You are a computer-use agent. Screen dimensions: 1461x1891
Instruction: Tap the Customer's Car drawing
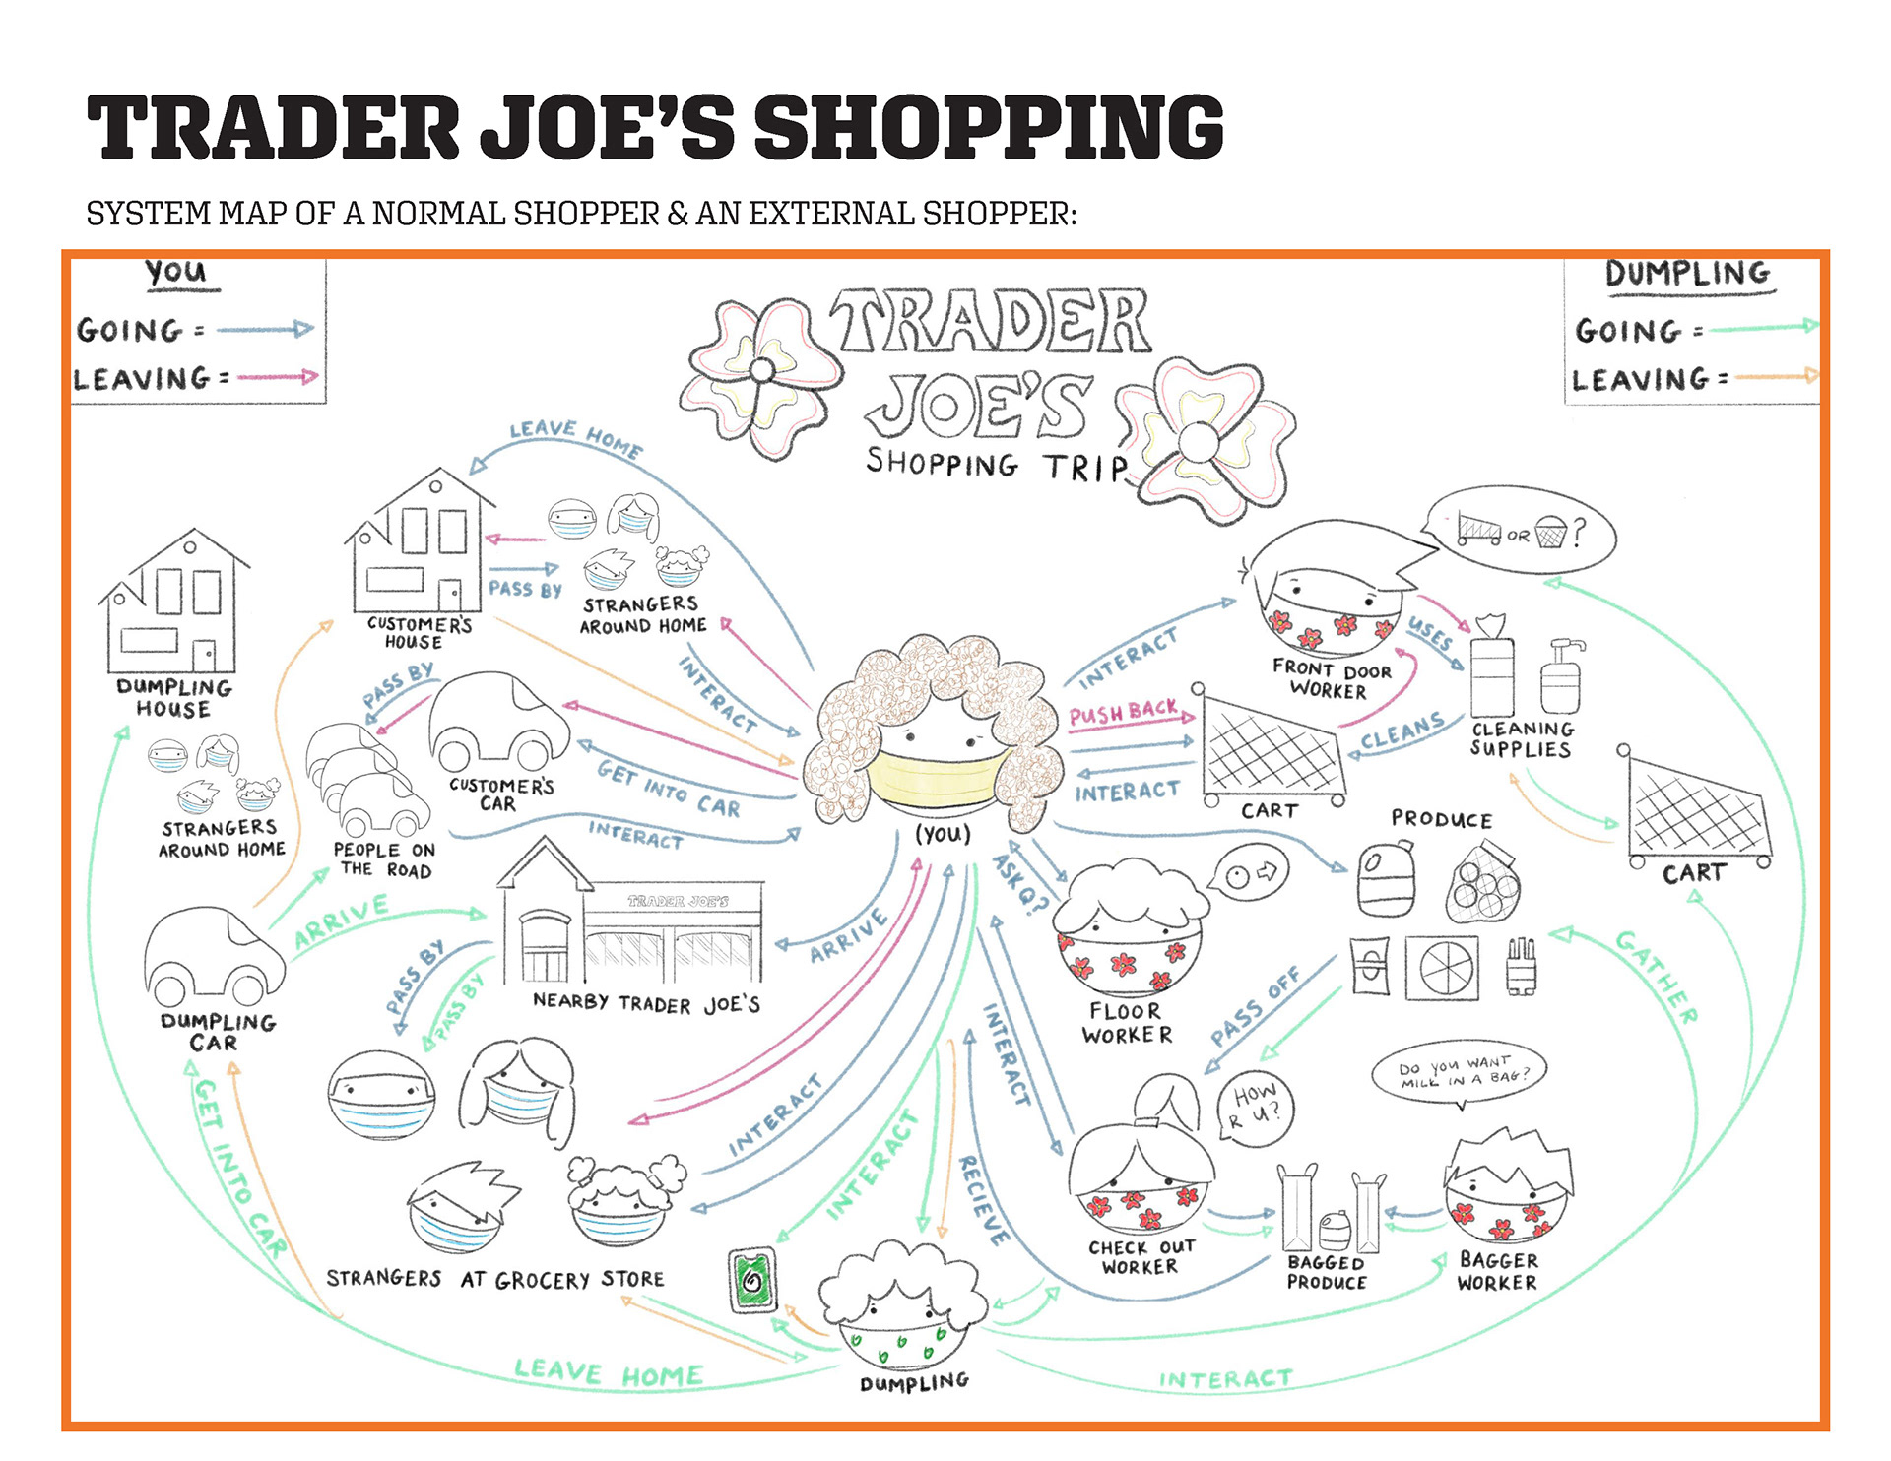click(498, 724)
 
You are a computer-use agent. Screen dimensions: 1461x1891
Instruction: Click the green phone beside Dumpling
click(753, 1279)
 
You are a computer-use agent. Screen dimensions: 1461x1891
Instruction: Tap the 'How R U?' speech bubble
click(1255, 1107)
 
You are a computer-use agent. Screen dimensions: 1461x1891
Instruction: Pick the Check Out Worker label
click(1141, 1257)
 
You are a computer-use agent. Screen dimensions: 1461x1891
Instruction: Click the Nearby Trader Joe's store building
click(630, 930)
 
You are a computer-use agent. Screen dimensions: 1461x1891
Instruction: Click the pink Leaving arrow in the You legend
click(278, 376)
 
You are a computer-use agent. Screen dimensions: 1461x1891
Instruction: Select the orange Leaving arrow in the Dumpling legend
click(1776, 376)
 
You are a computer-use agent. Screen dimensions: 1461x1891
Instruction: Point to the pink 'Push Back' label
click(1124, 712)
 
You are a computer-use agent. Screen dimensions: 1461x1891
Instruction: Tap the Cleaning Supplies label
click(1522, 738)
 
